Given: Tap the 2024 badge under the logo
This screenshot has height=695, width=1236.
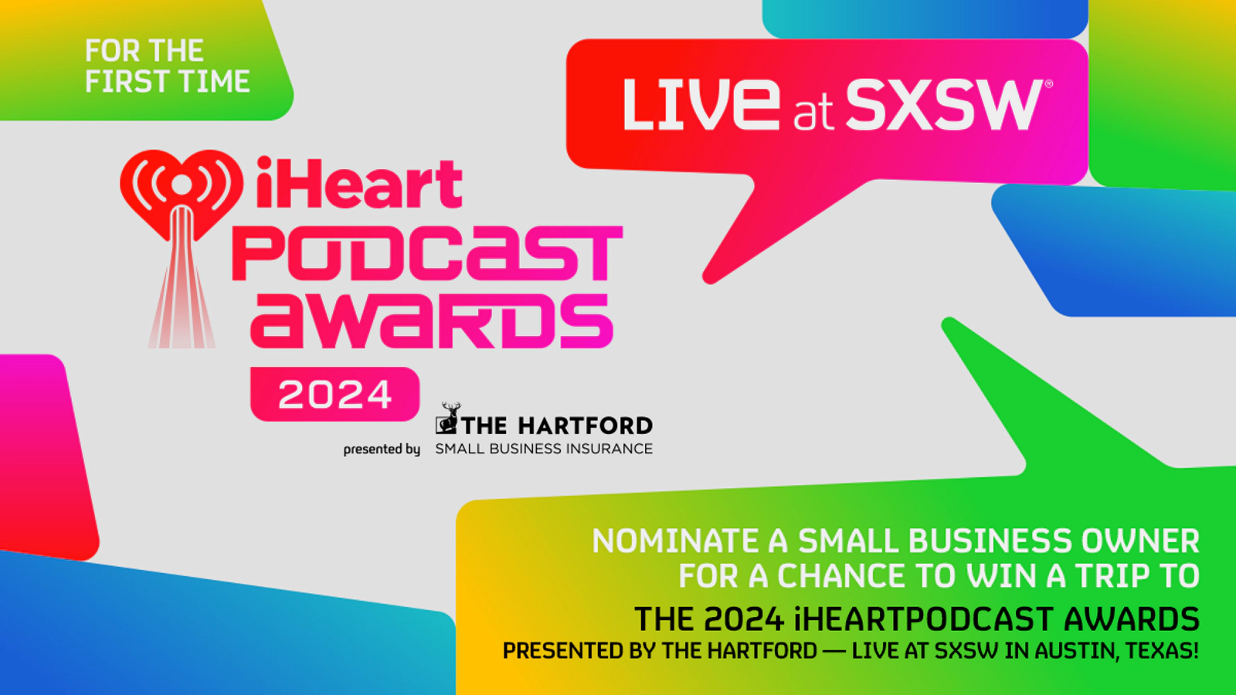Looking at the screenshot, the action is (335, 394).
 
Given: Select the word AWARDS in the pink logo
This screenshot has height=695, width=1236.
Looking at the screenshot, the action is (432, 320).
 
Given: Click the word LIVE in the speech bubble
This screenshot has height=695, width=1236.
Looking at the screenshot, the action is (701, 104).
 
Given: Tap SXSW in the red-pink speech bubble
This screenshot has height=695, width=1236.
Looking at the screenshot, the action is (944, 104).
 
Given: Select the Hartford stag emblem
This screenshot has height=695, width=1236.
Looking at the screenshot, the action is (448, 418).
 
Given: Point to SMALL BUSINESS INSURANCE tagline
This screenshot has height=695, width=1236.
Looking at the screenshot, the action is (544, 449).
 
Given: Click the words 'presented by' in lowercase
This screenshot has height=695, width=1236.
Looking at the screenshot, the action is (382, 449).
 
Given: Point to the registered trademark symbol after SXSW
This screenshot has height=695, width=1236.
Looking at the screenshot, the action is (1049, 84).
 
